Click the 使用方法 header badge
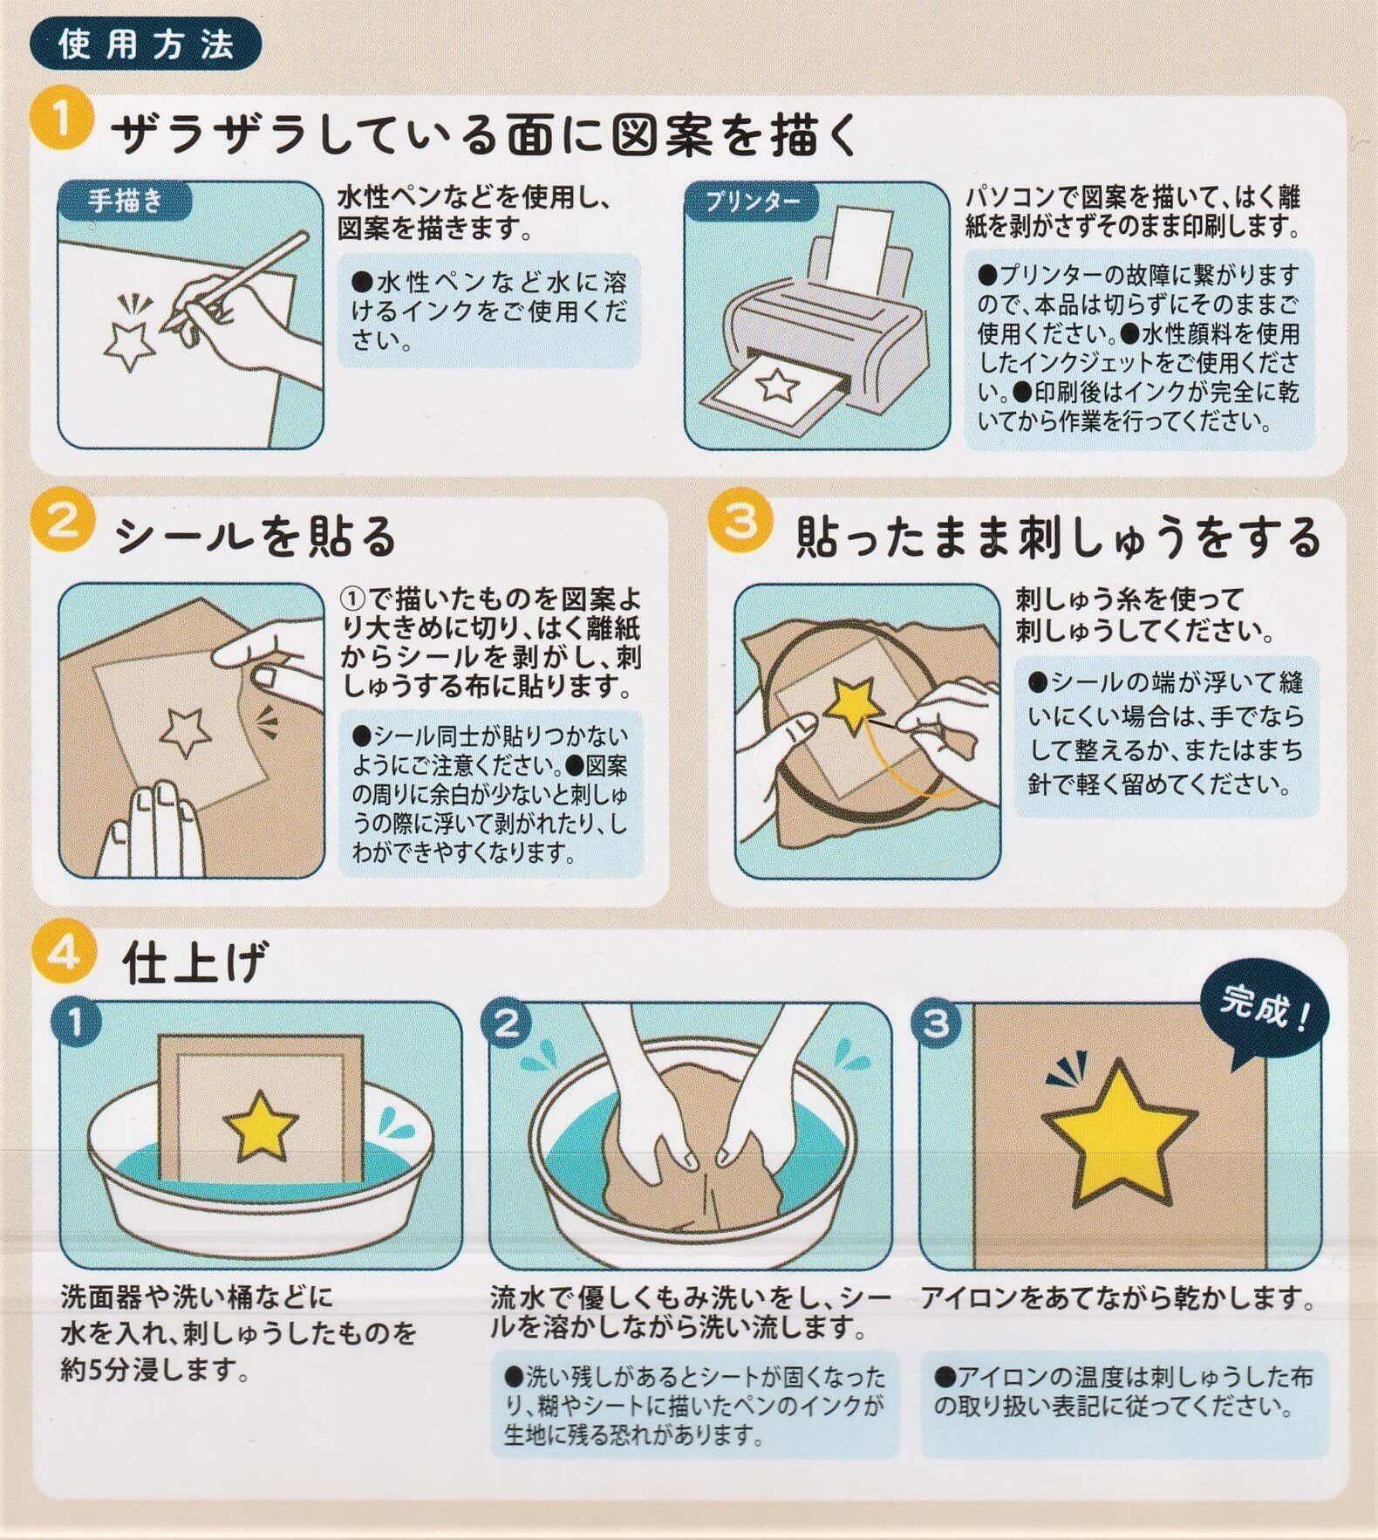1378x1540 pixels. tap(146, 46)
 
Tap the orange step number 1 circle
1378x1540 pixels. tap(62, 121)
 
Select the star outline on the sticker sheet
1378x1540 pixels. tap(184, 731)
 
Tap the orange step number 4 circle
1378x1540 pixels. tap(62, 952)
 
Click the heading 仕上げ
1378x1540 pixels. tap(194, 962)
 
